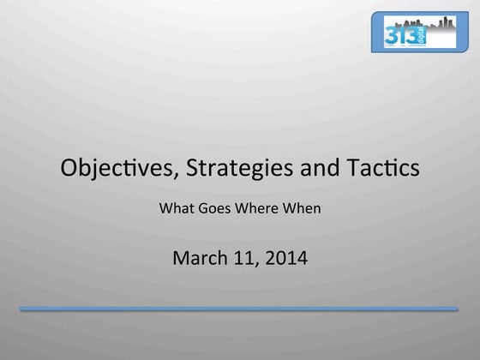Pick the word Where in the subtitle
coord(255,207)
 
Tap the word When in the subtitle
coord(301,207)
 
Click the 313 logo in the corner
coord(419,32)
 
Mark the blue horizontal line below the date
coord(239,309)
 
